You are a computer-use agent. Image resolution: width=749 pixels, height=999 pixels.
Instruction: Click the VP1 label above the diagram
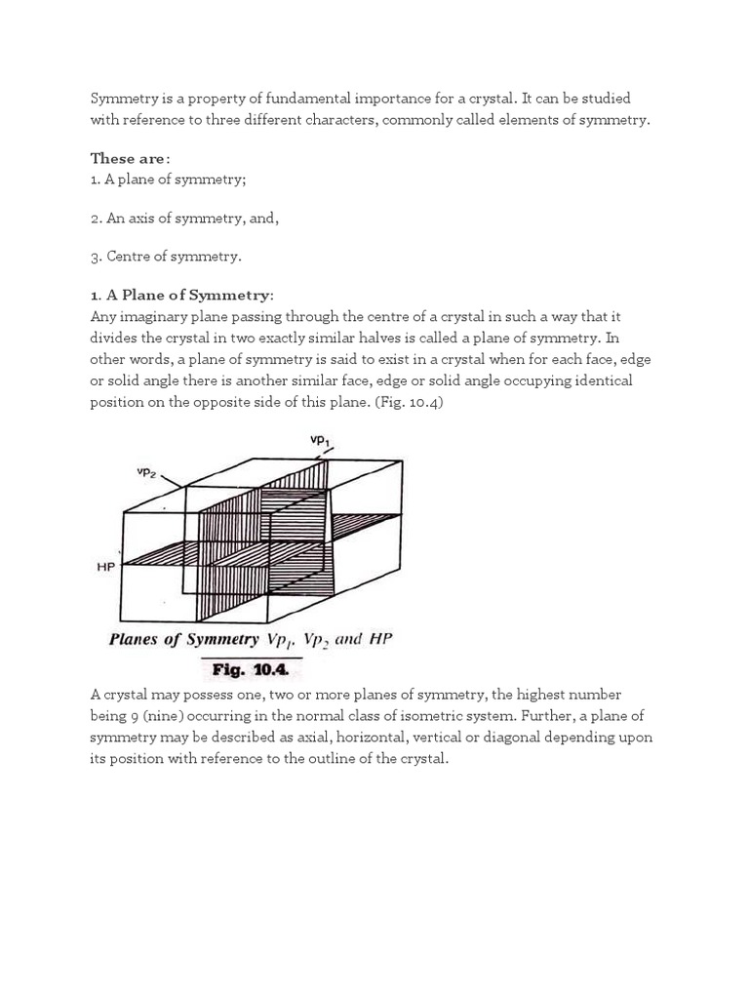pyautogui.click(x=320, y=441)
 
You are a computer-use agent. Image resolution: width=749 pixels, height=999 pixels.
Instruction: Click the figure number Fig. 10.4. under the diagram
pyautogui.click(x=252, y=671)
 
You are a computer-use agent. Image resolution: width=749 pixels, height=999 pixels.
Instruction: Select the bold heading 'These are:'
pyautogui.click(x=131, y=158)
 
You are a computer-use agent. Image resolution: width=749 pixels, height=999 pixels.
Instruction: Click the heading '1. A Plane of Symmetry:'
pyautogui.click(x=182, y=296)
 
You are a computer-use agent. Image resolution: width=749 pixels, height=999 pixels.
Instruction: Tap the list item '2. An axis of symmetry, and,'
pyautogui.click(x=185, y=218)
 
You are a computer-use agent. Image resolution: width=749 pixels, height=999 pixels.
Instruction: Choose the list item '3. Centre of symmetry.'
pyautogui.click(x=166, y=257)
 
